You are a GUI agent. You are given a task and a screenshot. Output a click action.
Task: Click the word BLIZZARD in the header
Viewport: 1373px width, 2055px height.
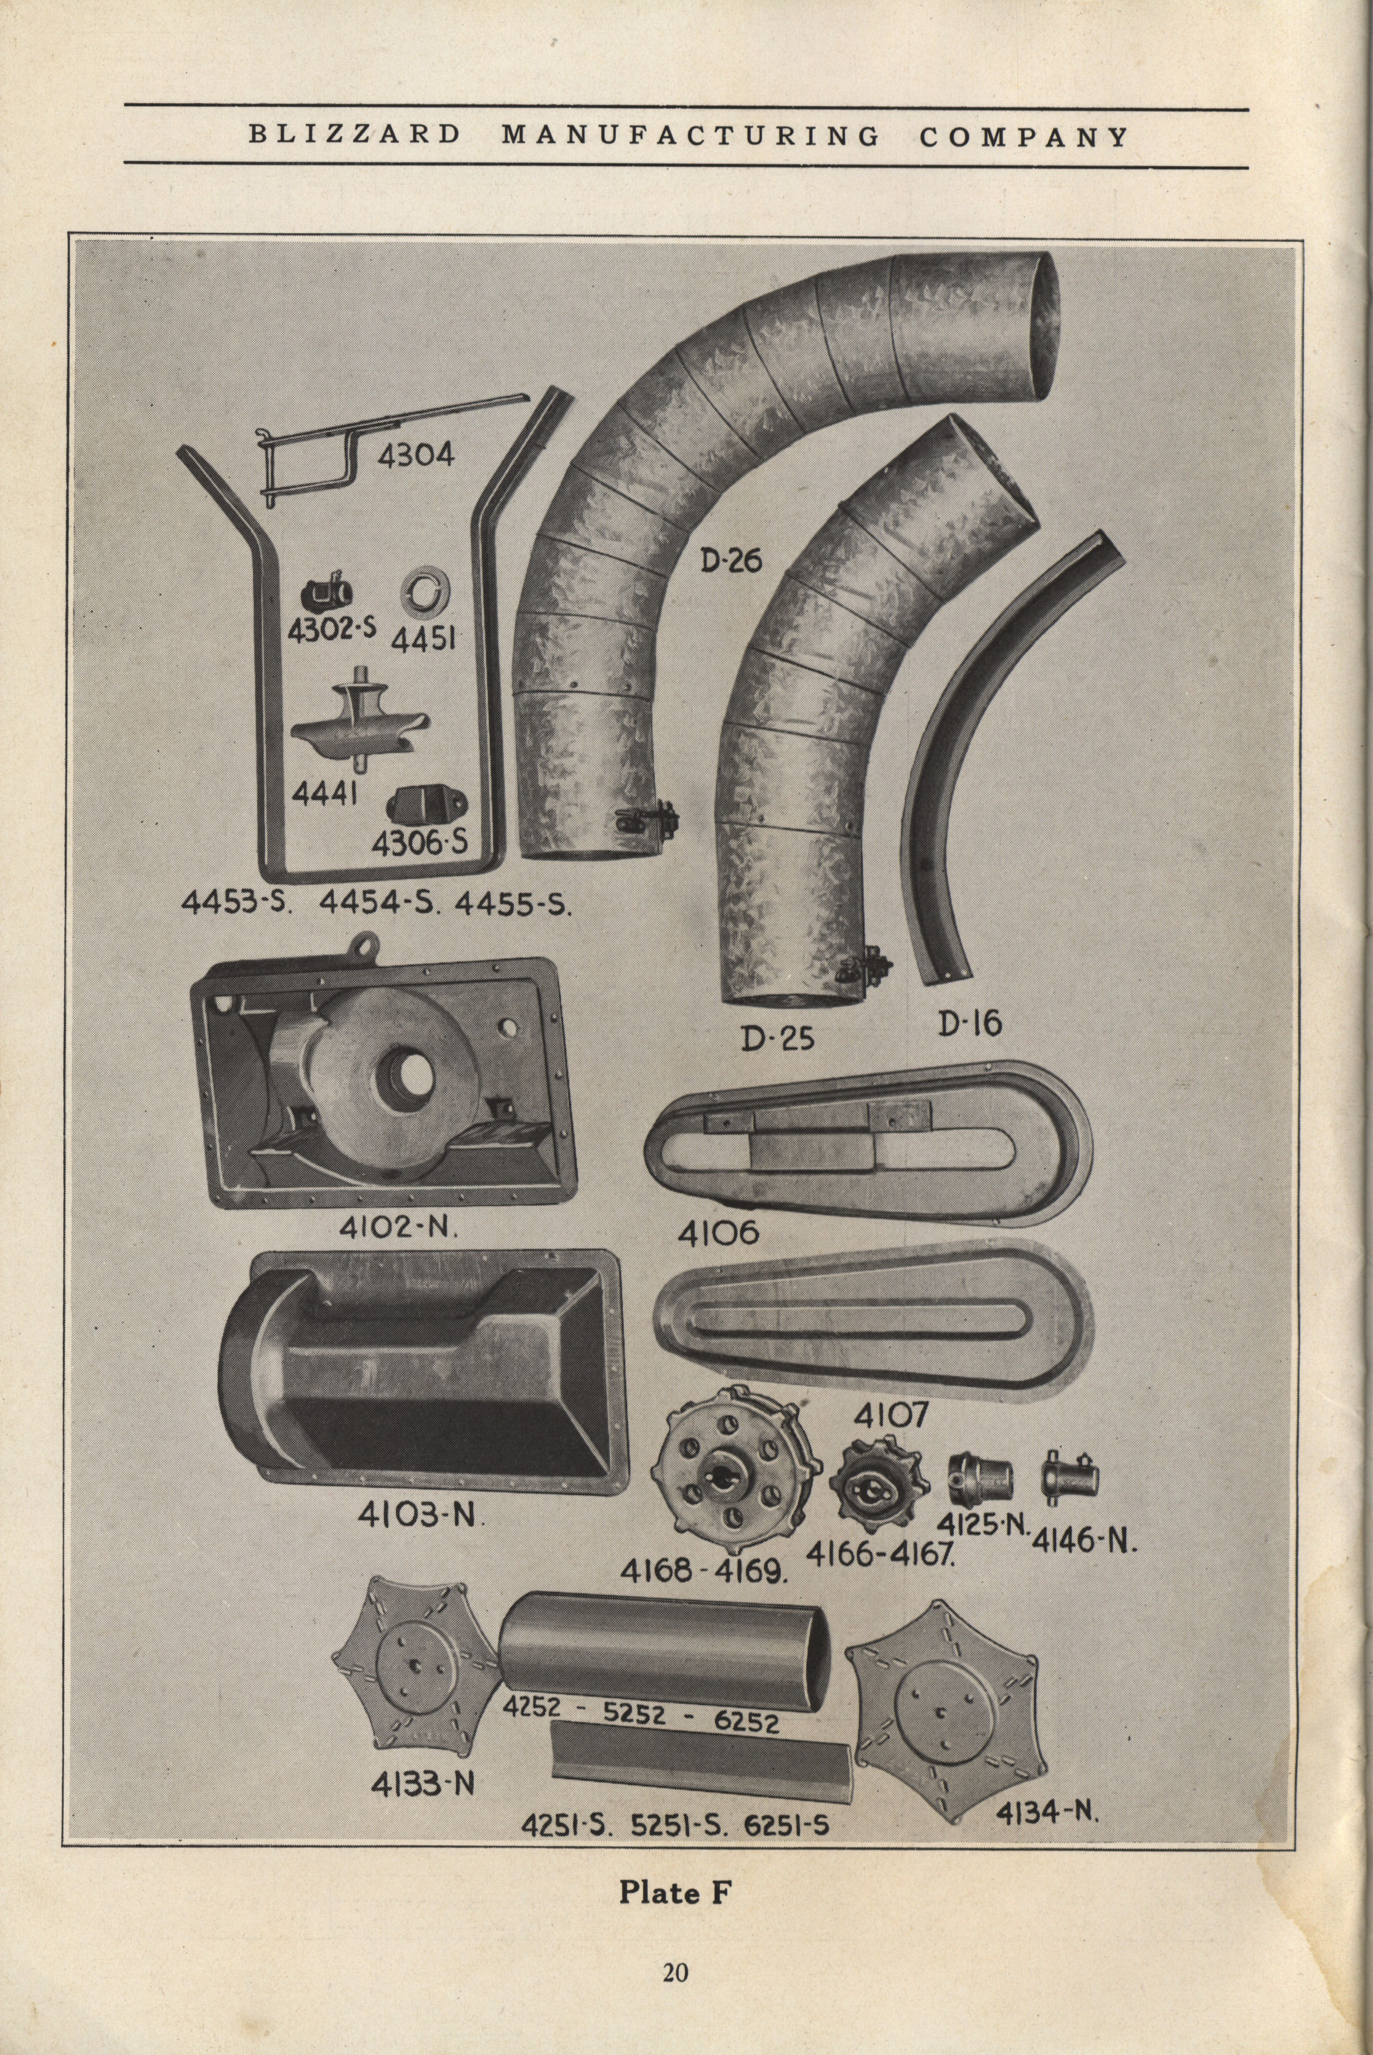[x=354, y=136]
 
